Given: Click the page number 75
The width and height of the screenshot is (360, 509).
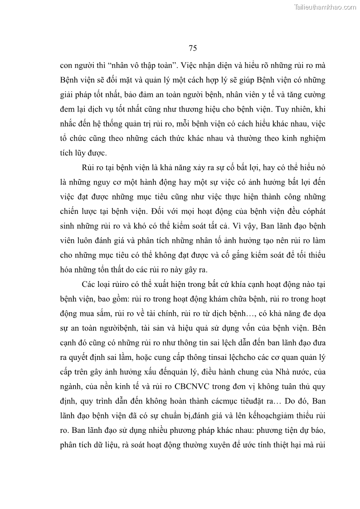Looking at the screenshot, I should pyautogui.click(x=192, y=48).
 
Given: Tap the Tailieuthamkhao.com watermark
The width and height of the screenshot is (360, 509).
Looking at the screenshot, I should pyautogui.click(x=326, y=7).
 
